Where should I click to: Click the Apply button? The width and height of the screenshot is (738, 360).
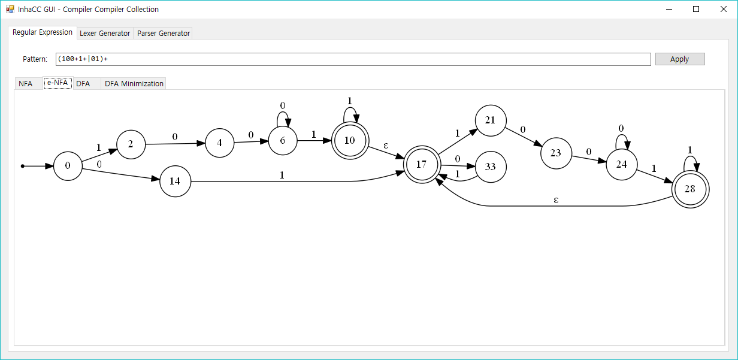tap(679, 59)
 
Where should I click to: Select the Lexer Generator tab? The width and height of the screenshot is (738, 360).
tap(105, 34)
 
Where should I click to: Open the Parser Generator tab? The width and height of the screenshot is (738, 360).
tap(164, 34)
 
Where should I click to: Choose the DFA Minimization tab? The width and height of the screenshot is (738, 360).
tap(134, 84)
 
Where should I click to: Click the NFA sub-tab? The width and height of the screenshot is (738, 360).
tap(25, 84)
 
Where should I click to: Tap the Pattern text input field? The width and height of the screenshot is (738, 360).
tap(353, 59)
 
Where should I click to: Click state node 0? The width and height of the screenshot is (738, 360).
tap(68, 166)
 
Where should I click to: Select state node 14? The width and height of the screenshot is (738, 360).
tap(175, 180)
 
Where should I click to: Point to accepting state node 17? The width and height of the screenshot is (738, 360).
tap(421, 164)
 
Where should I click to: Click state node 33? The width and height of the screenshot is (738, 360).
tap(491, 167)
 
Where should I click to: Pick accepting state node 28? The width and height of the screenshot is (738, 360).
tap(690, 189)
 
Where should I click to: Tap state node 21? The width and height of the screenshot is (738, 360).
tap(491, 120)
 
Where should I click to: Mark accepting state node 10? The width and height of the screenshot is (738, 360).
tap(350, 140)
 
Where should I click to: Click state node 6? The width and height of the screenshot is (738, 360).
tap(282, 140)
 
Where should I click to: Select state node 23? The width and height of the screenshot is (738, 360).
tap(555, 153)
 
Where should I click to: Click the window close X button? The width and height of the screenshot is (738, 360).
tap(723, 9)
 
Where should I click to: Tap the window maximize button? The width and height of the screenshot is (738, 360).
tap(696, 9)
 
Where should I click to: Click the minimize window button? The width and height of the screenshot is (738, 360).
tap(669, 9)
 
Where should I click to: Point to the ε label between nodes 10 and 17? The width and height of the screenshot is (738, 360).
tap(386, 145)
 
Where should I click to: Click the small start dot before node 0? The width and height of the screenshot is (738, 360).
tap(23, 166)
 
